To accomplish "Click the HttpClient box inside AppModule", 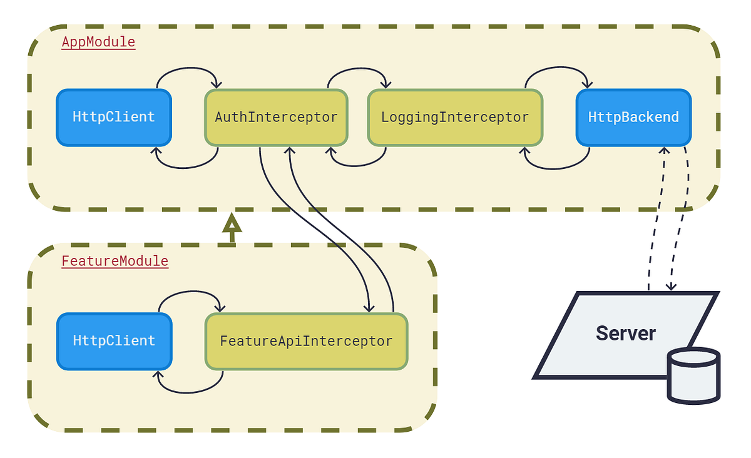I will (x=114, y=118).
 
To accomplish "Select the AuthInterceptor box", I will (x=276, y=118).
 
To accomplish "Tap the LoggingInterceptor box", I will (x=455, y=118).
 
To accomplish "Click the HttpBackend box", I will (x=633, y=118).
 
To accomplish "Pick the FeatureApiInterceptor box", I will (x=306, y=342).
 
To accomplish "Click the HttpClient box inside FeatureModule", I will (x=114, y=341).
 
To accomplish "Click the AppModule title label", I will (x=98, y=43).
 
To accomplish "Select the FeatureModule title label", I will (x=115, y=261).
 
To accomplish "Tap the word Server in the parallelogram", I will (x=625, y=333).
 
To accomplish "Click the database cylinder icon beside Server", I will (x=693, y=375).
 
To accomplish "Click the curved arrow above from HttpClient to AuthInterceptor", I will (x=186, y=69).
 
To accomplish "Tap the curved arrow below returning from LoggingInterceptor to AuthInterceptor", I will (x=358, y=166).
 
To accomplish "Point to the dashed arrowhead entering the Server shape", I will (x=671, y=286).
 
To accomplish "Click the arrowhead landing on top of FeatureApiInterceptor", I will (x=369, y=307).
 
